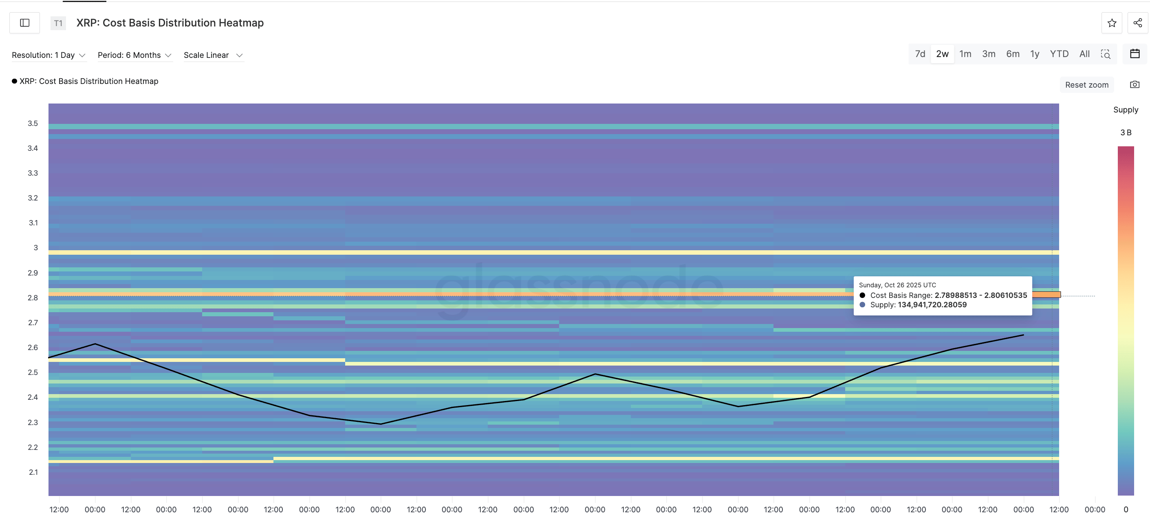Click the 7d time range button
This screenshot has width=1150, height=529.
920,54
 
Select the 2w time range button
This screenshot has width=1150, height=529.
942,54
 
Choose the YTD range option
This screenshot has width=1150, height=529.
1059,54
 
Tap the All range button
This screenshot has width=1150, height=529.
1084,54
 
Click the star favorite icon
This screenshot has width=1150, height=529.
1112,23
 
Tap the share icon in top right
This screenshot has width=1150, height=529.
1137,23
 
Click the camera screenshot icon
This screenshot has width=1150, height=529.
1135,84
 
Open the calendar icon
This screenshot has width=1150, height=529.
1135,54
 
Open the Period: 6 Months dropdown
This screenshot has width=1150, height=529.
134,55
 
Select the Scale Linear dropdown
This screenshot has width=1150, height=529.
213,55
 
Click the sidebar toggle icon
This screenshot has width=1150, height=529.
24,23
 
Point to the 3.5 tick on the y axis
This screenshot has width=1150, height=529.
33,123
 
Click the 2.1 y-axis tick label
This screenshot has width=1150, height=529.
33,472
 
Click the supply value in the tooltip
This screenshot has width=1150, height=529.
932,305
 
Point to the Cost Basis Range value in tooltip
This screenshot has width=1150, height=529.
980,295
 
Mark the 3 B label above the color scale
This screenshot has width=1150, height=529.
1126,132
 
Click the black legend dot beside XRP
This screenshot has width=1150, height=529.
14,81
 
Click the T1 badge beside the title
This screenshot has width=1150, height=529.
58,23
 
